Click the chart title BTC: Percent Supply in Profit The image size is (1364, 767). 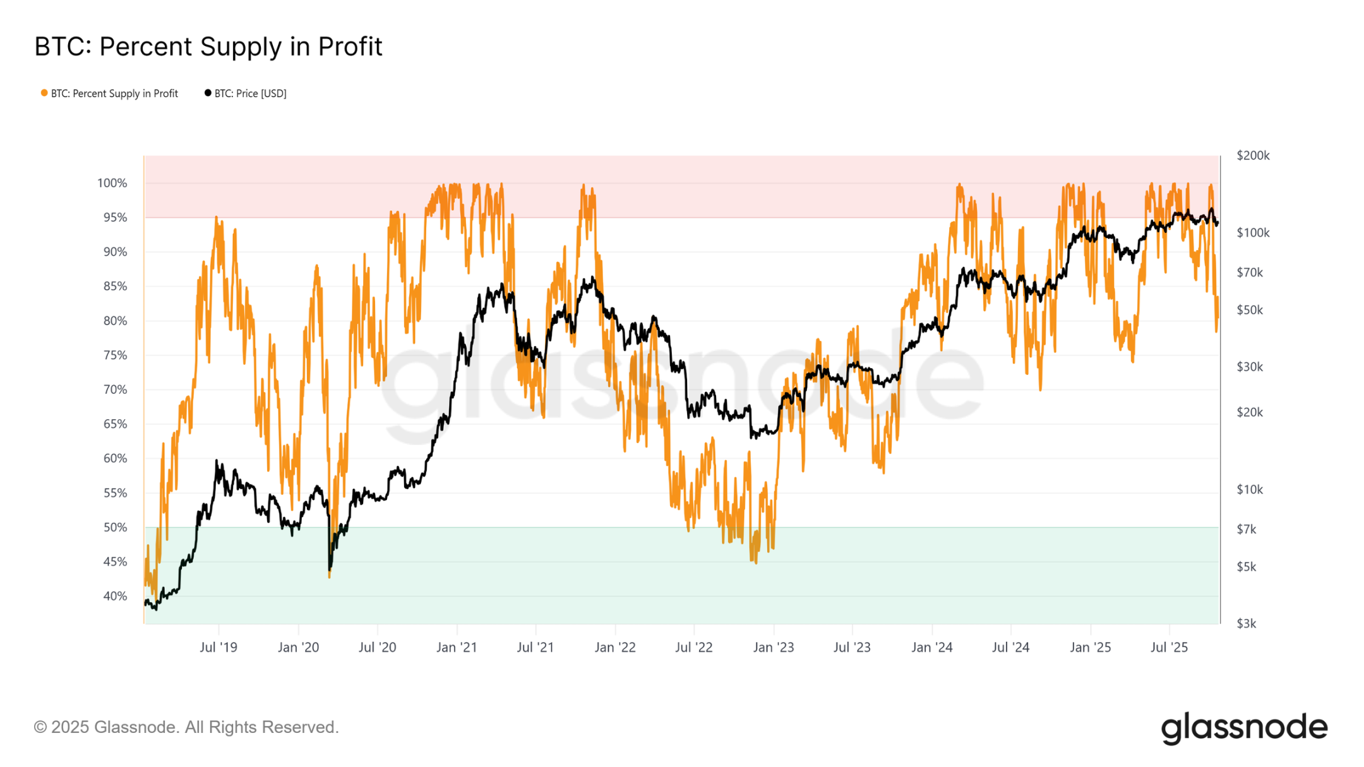click(x=208, y=47)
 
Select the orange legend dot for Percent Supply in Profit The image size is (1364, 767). click(x=44, y=93)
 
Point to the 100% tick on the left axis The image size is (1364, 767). click(x=112, y=183)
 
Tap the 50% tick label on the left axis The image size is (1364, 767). click(x=115, y=527)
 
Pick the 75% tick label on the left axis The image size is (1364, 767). click(x=115, y=355)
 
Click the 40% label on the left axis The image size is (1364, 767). click(x=115, y=596)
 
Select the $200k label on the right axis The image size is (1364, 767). click(x=1253, y=155)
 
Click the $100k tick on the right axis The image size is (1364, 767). click(x=1253, y=233)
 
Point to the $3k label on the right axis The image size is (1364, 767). click(x=1246, y=624)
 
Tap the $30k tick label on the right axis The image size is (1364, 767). click(x=1249, y=367)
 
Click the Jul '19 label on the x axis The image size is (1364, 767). click(x=218, y=647)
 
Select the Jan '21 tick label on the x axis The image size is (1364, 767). click(x=457, y=647)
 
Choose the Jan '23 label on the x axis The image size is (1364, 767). click(x=773, y=647)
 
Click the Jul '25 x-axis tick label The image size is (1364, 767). click(x=1169, y=647)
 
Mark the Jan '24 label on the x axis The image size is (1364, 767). click(x=931, y=647)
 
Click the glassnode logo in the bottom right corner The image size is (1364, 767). click(x=1244, y=728)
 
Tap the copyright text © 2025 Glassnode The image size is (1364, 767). click(x=186, y=727)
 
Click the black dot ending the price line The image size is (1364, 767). click(x=1217, y=223)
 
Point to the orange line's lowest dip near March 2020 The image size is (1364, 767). click(x=330, y=576)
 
